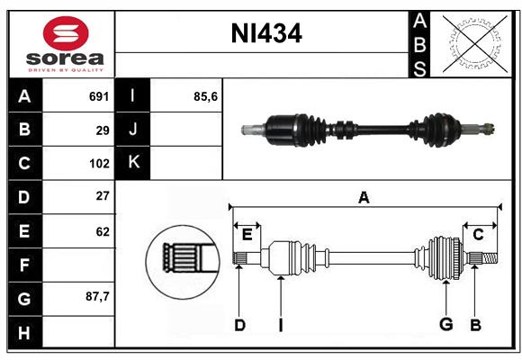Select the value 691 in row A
(98, 96)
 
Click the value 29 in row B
(102, 130)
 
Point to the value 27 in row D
(102, 196)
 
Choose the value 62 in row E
(102, 231)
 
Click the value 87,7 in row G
(97, 296)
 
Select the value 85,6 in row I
(206, 96)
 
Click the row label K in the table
(133, 163)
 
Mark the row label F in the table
(24, 265)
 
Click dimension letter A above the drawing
(364, 197)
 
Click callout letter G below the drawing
(445, 325)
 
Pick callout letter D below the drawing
(239, 325)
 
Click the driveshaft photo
(369, 128)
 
